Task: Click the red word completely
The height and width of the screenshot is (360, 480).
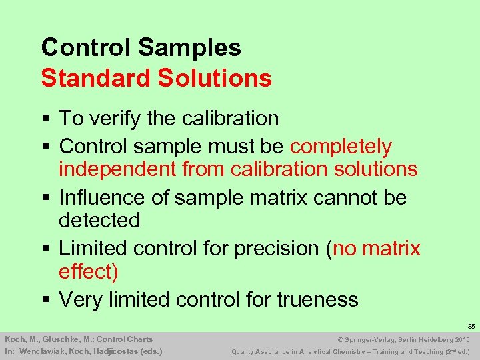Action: pos(341,146)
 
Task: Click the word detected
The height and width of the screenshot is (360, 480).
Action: pos(99,220)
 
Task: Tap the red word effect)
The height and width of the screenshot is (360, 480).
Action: pos(88,271)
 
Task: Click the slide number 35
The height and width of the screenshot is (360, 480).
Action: pos(471,327)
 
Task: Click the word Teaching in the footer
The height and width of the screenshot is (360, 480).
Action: pos(416,351)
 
